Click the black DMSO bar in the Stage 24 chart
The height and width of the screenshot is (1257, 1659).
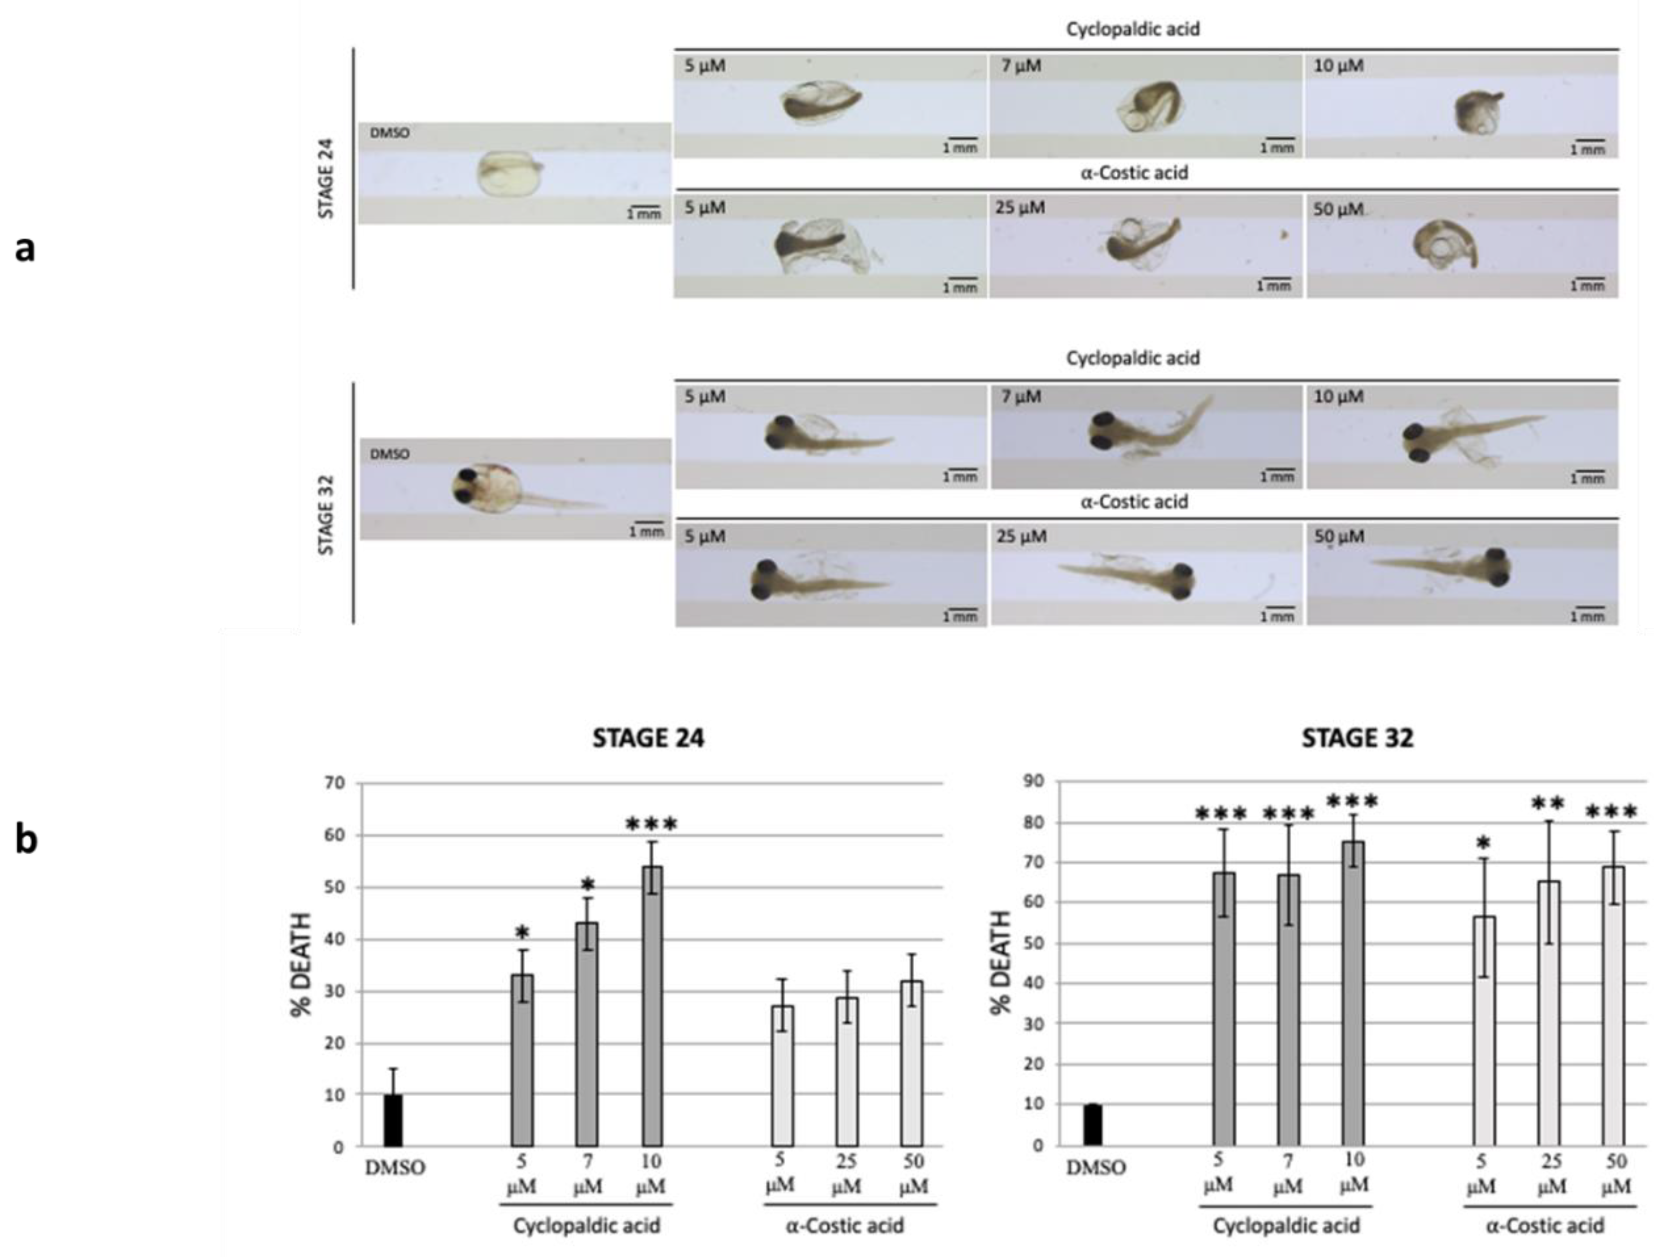393,1120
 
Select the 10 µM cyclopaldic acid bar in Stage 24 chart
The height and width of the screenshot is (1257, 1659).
652,1005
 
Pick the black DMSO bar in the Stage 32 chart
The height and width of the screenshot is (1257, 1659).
1093,1124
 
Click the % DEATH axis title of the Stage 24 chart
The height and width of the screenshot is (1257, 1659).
302,964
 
